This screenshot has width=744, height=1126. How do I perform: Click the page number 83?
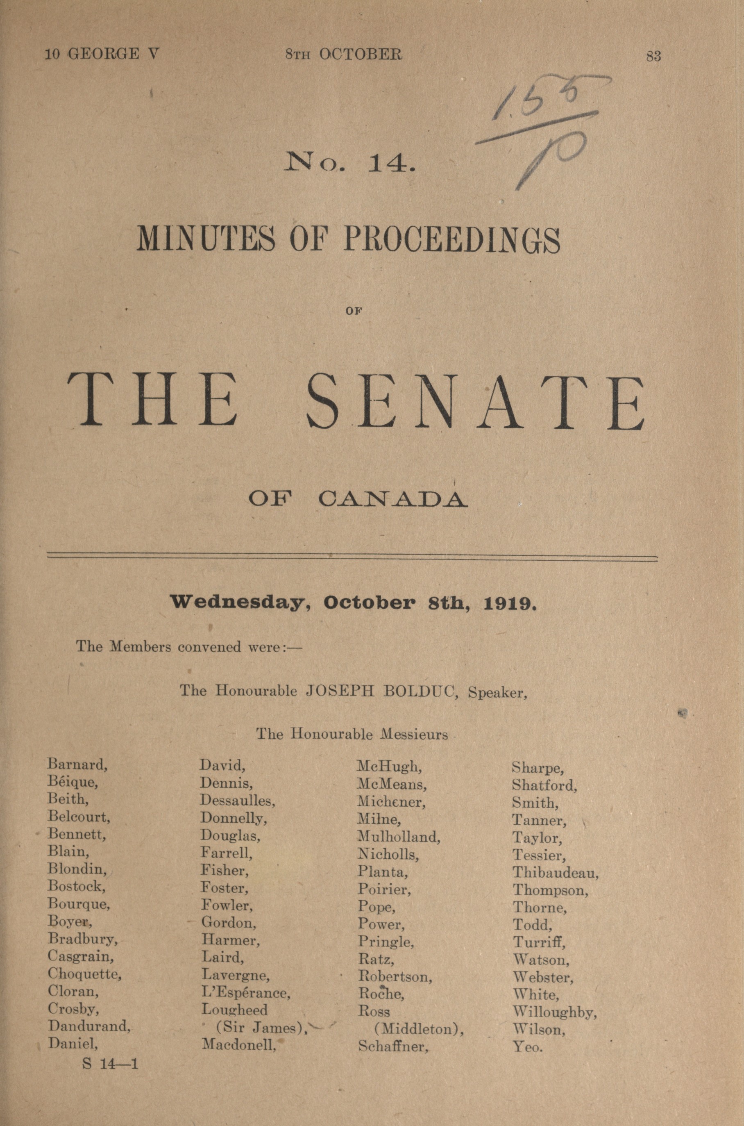click(x=653, y=56)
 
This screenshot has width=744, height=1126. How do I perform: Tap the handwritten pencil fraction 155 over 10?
click(x=541, y=128)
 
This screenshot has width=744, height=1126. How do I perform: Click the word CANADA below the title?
click(x=393, y=499)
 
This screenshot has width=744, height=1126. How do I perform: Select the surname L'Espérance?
click(x=245, y=993)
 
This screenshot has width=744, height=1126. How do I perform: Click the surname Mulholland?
click(x=399, y=837)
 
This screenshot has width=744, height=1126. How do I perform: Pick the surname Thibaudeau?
click(x=555, y=873)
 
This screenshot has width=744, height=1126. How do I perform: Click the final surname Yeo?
click(x=527, y=1046)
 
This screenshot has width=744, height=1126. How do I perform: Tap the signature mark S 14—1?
click(x=110, y=1063)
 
